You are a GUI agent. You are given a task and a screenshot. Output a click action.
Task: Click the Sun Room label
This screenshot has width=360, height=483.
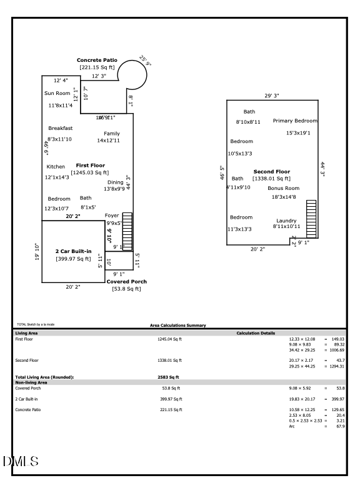tap(57, 93)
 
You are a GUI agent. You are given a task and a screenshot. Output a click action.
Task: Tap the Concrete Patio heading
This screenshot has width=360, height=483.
tap(97, 60)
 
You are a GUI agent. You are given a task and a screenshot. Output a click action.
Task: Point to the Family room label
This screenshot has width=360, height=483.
tap(112, 134)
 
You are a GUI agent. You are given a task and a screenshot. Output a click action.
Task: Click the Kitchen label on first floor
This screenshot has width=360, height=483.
tap(56, 167)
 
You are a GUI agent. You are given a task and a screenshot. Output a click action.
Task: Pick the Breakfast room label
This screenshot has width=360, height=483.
tap(60, 128)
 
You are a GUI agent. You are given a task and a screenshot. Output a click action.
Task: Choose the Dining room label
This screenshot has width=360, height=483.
tap(116, 182)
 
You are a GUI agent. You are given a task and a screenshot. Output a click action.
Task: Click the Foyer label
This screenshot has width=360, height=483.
tap(112, 216)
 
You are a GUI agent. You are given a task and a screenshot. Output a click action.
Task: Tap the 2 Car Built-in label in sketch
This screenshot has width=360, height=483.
tap(74, 251)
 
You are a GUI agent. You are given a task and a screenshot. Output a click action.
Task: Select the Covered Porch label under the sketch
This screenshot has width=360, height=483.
tap(126, 282)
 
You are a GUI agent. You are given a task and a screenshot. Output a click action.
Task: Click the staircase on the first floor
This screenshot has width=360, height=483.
tap(128, 231)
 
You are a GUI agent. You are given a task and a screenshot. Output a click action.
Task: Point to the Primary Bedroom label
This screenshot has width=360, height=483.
tap(295, 121)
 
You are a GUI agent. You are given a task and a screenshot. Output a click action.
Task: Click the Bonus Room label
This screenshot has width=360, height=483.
tap(284, 188)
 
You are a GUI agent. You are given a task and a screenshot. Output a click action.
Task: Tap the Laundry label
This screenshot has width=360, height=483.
tap(286, 221)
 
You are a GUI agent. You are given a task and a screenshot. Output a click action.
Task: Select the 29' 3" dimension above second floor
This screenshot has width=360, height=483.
tap(271, 96)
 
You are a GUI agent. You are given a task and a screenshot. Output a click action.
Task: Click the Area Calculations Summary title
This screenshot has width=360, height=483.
tap(178, 326)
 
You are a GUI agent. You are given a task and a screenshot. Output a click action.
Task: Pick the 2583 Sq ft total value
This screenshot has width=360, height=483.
tap(168, 377)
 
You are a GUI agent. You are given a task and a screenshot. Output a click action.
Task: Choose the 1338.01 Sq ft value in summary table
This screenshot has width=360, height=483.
tap(169, 361)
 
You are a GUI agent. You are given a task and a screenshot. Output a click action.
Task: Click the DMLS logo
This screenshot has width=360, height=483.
tap(21, 462)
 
